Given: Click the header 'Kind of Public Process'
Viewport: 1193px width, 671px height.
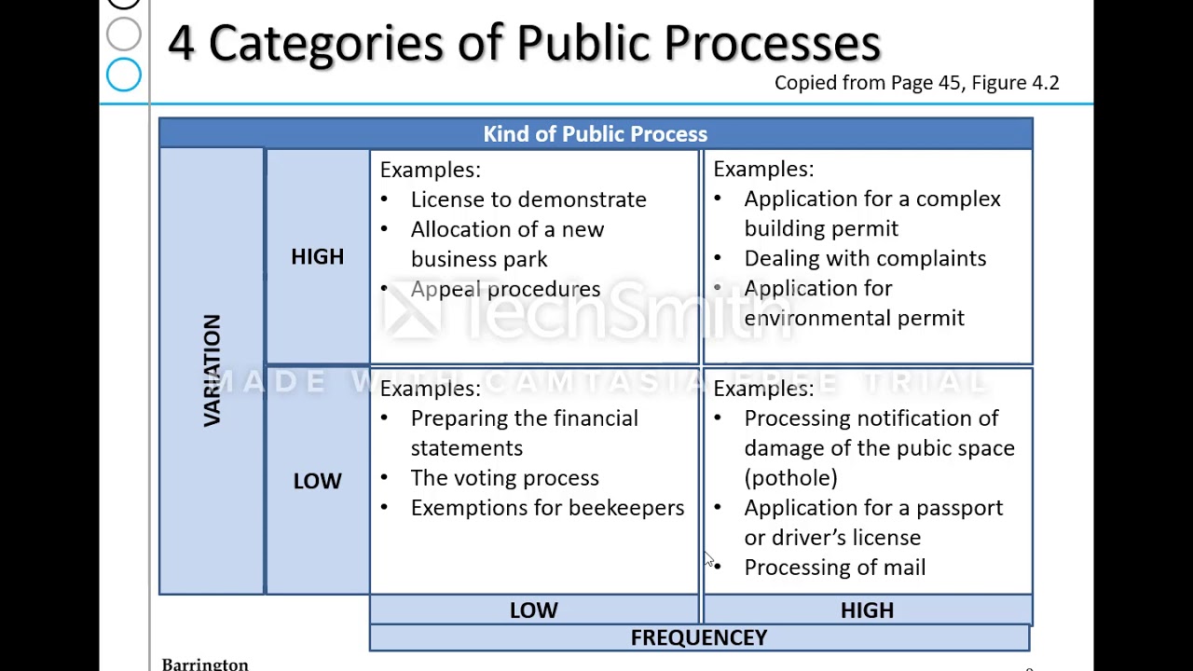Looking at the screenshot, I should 595,134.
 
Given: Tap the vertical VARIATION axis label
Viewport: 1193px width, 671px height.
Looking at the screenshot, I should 212,371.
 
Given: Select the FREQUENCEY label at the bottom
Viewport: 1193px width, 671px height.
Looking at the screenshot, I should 698,637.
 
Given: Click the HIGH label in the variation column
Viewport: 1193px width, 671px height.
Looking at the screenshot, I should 317,257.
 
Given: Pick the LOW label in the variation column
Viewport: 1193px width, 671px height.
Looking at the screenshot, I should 317,481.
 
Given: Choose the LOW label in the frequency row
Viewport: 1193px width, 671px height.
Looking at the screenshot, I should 533,610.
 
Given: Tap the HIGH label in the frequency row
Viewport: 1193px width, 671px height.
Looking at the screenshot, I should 867,610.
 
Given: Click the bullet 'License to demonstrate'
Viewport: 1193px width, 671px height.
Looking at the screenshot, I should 528,199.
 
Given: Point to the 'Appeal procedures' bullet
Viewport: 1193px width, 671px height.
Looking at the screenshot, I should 505,289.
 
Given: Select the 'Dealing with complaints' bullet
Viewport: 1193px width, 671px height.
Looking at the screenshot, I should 864,258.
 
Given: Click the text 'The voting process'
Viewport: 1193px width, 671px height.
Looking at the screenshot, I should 504,478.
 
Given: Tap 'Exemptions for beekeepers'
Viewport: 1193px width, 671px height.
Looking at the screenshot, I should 547,508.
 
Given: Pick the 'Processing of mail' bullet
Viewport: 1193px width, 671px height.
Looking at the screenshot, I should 834,568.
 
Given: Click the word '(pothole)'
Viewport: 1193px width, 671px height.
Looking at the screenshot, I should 790,478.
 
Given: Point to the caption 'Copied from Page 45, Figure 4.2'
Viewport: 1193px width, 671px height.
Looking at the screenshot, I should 916,83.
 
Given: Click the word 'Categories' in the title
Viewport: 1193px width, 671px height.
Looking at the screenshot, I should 325,43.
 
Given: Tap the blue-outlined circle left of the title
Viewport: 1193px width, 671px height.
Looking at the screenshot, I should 124,75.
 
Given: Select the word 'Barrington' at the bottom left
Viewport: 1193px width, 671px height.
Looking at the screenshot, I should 205,664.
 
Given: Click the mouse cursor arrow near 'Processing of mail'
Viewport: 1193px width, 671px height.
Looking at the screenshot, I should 707,558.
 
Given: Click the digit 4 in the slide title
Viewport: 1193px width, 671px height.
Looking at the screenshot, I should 181,43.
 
